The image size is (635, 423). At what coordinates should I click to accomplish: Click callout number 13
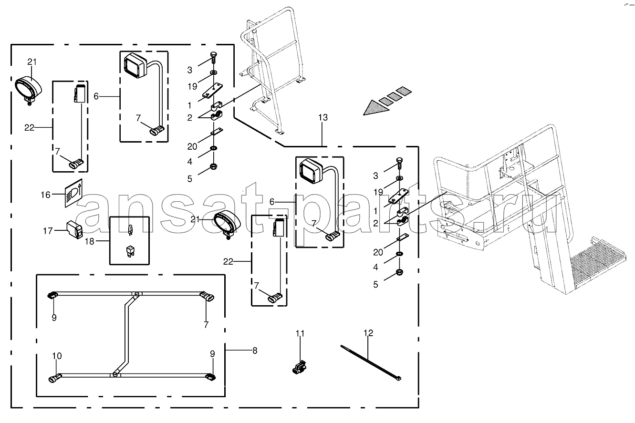[x=323, y=117]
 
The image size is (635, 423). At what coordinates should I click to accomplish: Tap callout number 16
[x=45, y=195]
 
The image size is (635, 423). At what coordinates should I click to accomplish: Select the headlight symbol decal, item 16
[x=73, y=193]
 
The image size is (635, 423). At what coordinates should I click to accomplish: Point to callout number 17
[x=48, y=231]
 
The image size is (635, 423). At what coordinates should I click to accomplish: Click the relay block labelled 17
[x=74, y=230]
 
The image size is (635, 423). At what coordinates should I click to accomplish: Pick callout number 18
[x=89, y=241]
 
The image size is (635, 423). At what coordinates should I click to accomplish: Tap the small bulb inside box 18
[x=130, y=230]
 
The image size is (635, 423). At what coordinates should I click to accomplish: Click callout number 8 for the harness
[x=255, y=351]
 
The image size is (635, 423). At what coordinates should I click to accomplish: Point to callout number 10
[x=57, y=356]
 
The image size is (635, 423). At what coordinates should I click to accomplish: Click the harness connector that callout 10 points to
[x=55, y=378]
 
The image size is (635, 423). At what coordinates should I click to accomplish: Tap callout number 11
[x=300, y=333]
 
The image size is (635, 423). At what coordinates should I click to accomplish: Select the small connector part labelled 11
[x=299, y=368]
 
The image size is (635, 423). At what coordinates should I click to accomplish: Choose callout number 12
[x=368, y=333]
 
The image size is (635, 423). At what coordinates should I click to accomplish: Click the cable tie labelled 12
[x=371, y=363]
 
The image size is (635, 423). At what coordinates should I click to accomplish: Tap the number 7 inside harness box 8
[x=206, y=325]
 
